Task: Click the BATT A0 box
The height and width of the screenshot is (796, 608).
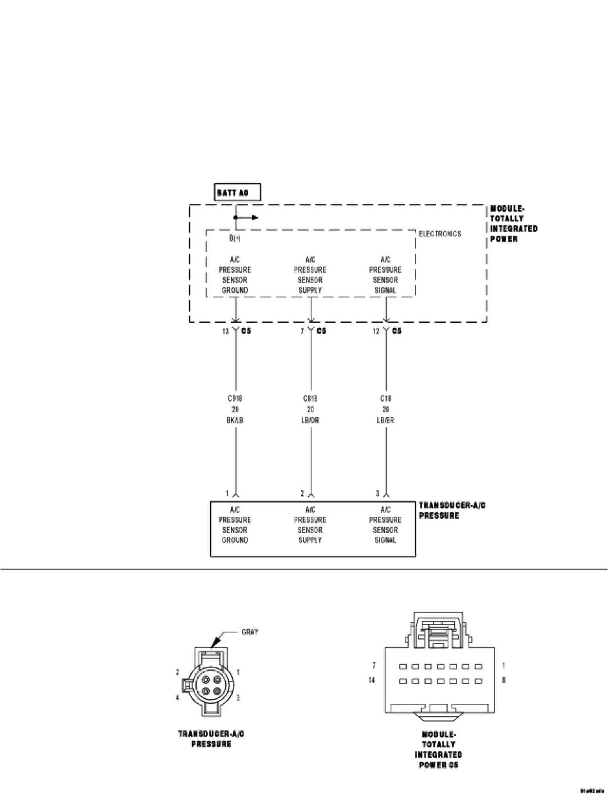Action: pos(237,193)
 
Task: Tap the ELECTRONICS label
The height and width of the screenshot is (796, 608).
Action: pos(440,234)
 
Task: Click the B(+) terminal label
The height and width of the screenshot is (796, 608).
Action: pos(235,238)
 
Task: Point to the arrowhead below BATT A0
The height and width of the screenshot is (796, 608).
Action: pos(255,218)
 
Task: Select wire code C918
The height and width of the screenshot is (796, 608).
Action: pos(235,398)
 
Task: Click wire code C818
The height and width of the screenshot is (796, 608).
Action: pos(310,398)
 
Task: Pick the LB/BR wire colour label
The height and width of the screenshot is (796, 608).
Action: pos(385,420)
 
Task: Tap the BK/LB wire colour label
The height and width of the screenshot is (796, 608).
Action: pos(235,420)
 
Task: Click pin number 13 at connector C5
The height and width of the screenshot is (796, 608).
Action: pos(225,331)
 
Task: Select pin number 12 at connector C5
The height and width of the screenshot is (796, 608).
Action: pos(376,331)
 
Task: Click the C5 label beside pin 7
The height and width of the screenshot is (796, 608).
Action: pos(321,331)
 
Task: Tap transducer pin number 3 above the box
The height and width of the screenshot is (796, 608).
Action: pos(377,494)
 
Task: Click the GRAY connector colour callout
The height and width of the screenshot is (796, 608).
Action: pos(250,632)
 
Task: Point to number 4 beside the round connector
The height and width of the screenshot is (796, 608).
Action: pos(178,698)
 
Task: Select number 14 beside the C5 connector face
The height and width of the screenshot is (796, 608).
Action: pos(372,680)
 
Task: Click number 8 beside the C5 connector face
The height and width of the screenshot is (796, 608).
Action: pos(504,680)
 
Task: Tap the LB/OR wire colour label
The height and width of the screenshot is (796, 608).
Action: pos(310,420)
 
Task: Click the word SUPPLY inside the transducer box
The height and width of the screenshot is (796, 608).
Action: pos(310,540)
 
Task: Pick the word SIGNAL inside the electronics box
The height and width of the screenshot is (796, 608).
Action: pos(385,290)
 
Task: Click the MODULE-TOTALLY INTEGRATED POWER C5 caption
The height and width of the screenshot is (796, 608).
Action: pos(438,749)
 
